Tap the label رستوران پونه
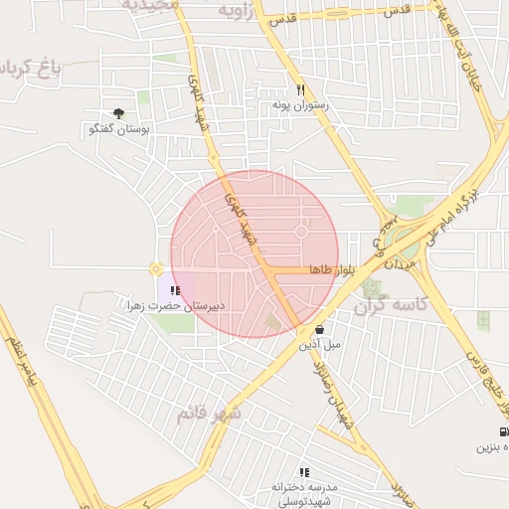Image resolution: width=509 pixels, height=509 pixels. coord(300,104)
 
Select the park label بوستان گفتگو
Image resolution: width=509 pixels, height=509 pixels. coord(119,129)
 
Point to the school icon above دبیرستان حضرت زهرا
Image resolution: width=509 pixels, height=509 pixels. coord(175,290)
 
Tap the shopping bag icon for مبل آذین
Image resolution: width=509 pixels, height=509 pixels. coord(319,330)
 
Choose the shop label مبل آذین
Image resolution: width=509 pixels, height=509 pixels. coord(319,345)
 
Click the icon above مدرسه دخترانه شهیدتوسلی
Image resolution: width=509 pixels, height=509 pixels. coord(304,471)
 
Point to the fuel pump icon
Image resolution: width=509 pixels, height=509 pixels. coord(503,431)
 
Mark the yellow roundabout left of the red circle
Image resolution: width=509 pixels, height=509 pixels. coord(155,268)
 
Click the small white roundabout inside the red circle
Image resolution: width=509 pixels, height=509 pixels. coord(300,233)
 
